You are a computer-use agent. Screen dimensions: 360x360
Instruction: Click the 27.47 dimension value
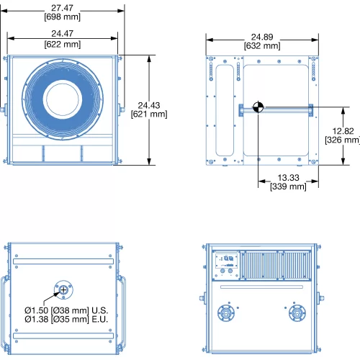pyautogui.click(x=62, y=8)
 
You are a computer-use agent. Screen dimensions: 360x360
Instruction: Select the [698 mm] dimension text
pyautogui.click(x=62, y=17)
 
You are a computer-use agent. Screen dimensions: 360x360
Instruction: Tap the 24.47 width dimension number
pyautogui.click(x=62, y=34)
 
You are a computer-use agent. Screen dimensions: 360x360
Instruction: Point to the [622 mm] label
pyautogui.click(x=63, y=44)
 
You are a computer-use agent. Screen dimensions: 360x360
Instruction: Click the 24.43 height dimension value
pyautogui.click(x=149, y=105)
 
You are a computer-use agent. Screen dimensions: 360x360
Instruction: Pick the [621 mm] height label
pyautogui.click(x=149, y=114)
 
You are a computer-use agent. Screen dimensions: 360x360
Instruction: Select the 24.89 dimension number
pyautogui.click(x=262, y=37)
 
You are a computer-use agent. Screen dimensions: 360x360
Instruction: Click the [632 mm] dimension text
pyautogui.click(x=262, y=46)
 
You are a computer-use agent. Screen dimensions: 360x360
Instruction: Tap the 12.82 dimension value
pyautogui.click(x=343, y=131)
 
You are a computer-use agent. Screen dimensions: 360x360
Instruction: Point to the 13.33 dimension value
pyautogui.click(x=288, y=178)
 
